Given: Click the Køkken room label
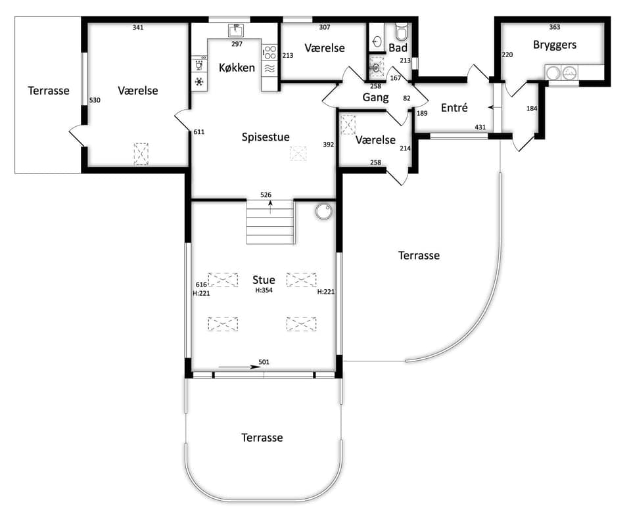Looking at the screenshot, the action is tap(237, 68).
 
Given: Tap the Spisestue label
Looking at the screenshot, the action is tap(266, 137).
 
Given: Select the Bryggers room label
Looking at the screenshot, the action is tap(555, 45).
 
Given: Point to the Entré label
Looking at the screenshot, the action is tap(454, 108).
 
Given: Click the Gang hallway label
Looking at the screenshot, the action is tap(375, 97).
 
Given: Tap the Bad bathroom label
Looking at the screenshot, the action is tap(398, 48).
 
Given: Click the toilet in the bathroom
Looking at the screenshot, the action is tap(402, 31).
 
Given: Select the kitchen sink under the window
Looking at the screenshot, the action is tap(236, 30).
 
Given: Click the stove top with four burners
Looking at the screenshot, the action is tap(269, 53).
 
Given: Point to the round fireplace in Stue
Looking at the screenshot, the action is tap(323, 212).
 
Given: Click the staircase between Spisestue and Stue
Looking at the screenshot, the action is tap(270, 221).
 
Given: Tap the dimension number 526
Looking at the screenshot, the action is tap(266, 195).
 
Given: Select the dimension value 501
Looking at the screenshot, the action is tap(264, 362).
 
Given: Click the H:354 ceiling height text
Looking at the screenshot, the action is tap(264, 290).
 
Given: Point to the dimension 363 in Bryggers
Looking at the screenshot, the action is tap(555, 27).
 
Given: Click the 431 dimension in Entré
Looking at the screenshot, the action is tap(480, 127).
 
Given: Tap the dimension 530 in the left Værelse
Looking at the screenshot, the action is tap(95, 101).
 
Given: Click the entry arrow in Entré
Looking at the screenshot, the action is tap(492, 108).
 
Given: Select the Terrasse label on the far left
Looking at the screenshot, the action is tap(49, 91).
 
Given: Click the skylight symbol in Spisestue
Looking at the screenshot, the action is tap(298, 153).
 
